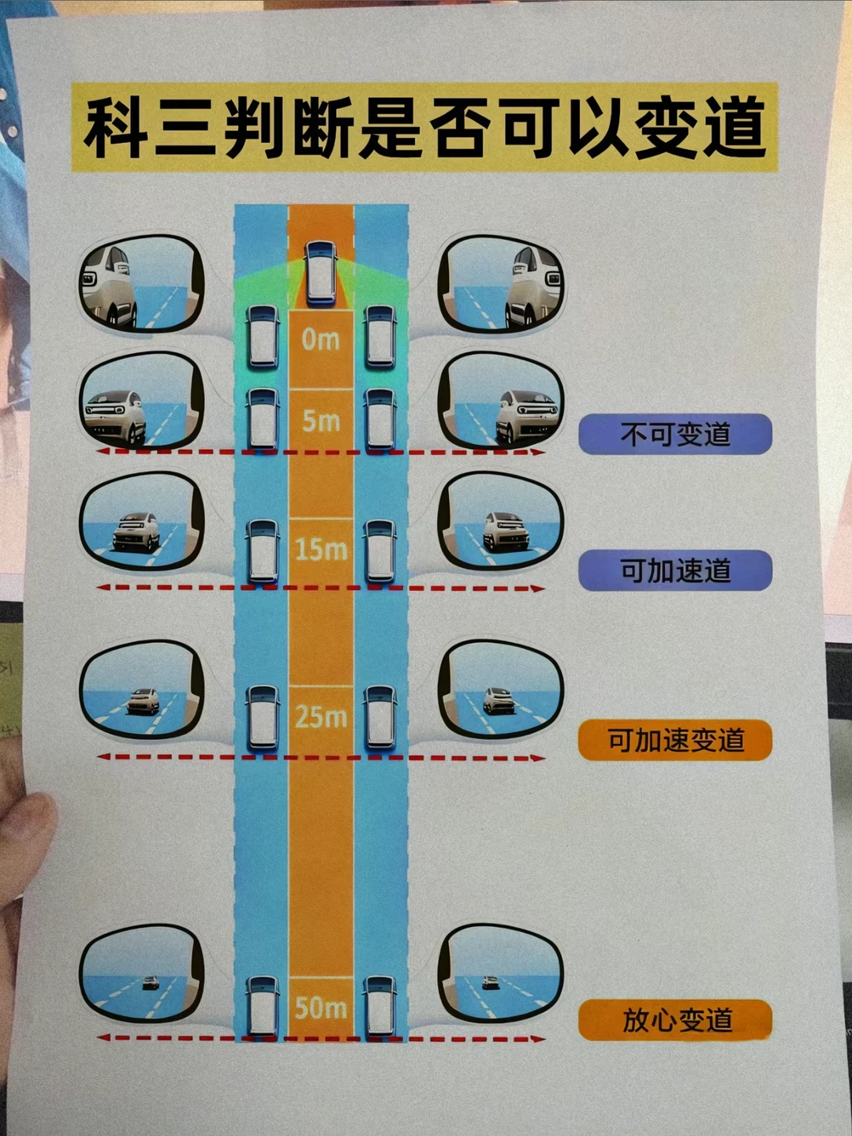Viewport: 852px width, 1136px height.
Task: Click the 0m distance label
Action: (320, 340)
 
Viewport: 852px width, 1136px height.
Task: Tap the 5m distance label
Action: (320, 421)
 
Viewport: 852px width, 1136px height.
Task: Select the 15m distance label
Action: (320, 549)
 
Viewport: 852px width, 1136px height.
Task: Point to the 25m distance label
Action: (320, 716)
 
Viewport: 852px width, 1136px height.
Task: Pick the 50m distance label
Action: (320, 1007)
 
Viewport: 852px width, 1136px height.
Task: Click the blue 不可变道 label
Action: (675, 434)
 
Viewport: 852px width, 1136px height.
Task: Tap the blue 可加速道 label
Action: (675, 570)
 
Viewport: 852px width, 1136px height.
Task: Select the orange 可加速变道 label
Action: (675, 740)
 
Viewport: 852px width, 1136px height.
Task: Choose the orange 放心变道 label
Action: (675, 1020)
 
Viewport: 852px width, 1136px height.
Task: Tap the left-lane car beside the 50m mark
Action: (263, 1007)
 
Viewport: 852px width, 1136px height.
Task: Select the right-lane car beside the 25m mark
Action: (379, 717)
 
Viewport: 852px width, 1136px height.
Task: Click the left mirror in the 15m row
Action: (142, 521)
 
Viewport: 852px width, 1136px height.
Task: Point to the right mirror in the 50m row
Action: (500, 974)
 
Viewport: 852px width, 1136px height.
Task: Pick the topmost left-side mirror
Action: (142, 284)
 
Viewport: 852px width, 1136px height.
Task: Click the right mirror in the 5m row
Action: (500, 401)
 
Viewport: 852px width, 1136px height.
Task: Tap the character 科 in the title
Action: (117, 128)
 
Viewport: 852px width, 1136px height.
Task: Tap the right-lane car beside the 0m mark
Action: (379, 337)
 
